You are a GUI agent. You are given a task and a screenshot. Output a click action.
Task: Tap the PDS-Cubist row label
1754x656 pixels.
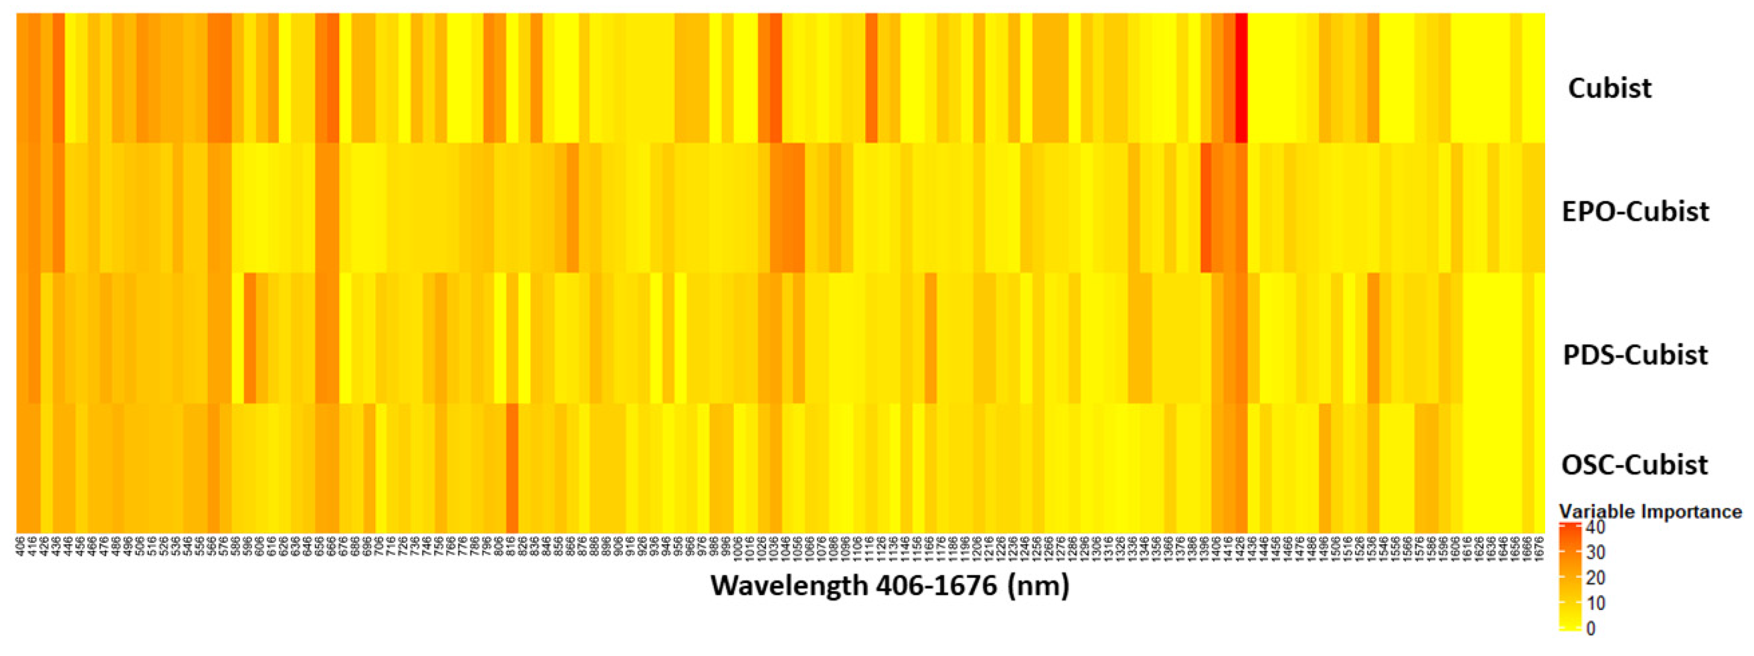(x=1635, y=355)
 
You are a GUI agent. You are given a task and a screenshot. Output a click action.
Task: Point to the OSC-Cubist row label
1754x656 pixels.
(x=1634, y=465)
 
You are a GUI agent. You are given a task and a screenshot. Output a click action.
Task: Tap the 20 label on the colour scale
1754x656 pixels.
(x=1594, y=578)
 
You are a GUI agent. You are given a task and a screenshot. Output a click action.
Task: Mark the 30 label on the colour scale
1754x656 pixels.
(x=1594, y=552)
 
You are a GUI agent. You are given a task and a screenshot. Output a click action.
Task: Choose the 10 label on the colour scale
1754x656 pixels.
(x=1594, y=603)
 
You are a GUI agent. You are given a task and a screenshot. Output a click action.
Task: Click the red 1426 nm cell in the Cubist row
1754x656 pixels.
(x=1241, y=78)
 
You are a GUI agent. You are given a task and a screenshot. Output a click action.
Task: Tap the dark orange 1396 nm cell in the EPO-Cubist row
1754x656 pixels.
(x=1205, y=207)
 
